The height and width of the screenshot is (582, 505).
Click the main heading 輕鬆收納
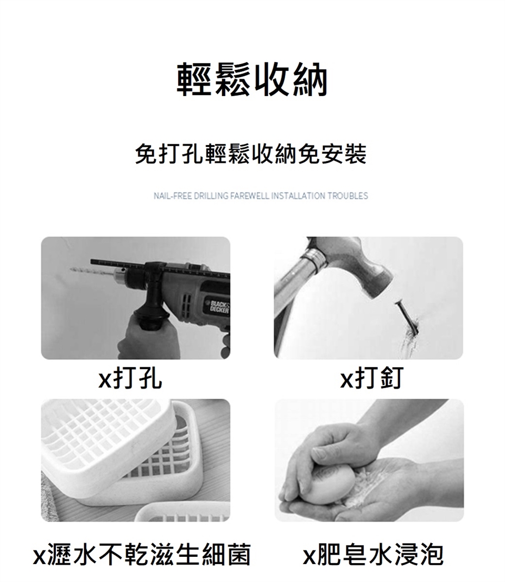point(252,79)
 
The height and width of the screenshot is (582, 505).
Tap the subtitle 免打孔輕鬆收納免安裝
point(251,154)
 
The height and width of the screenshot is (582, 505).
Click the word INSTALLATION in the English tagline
point(298,195)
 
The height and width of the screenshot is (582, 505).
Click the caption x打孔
point(130,378)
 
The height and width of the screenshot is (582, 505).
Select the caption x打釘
point(371,378)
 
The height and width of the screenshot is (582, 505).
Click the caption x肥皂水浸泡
point(373,554)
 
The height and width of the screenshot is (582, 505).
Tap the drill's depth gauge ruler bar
point(160,266)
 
